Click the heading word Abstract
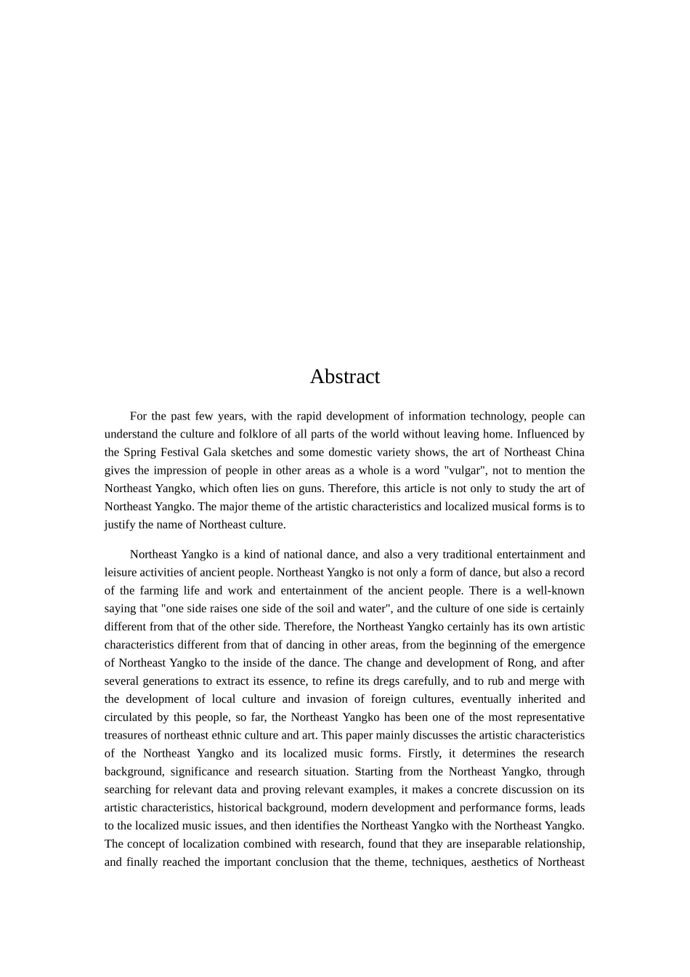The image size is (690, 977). coord(344,377)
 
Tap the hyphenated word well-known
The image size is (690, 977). coord(555,591)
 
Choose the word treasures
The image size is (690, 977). coord(126,736)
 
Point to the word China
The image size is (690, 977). coord(569,452)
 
